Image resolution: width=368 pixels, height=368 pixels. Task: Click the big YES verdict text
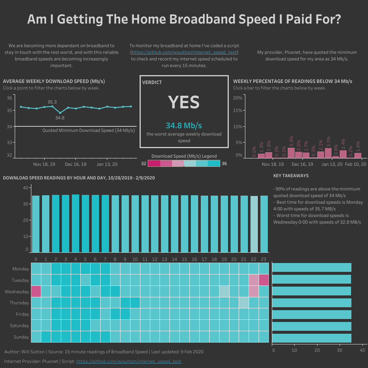point(184,102)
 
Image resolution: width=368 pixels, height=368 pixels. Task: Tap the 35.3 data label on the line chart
point(52,102)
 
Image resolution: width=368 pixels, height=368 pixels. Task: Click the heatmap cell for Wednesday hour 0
point(36,291)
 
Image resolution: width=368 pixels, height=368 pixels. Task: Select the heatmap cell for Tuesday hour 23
point(264,280)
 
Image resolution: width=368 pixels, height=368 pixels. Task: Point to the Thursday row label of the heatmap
point(21,303)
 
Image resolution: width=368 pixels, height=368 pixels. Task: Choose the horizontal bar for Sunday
point(312,338)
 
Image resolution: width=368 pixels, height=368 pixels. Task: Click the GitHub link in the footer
point(129,361)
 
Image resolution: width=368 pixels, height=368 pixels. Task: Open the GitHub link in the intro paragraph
point(185,52)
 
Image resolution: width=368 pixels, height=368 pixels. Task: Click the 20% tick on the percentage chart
point(238,98)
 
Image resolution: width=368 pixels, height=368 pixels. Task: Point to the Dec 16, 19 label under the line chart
point(76,164)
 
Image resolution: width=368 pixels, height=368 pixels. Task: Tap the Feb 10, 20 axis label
point(355,164)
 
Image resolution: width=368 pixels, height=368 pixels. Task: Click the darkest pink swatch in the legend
point(154,164)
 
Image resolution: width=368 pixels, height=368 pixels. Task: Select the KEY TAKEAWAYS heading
point(291,176)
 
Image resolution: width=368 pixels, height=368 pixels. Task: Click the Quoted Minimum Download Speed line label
point(88,130)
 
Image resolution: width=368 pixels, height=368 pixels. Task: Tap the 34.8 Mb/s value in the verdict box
point(184,126)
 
